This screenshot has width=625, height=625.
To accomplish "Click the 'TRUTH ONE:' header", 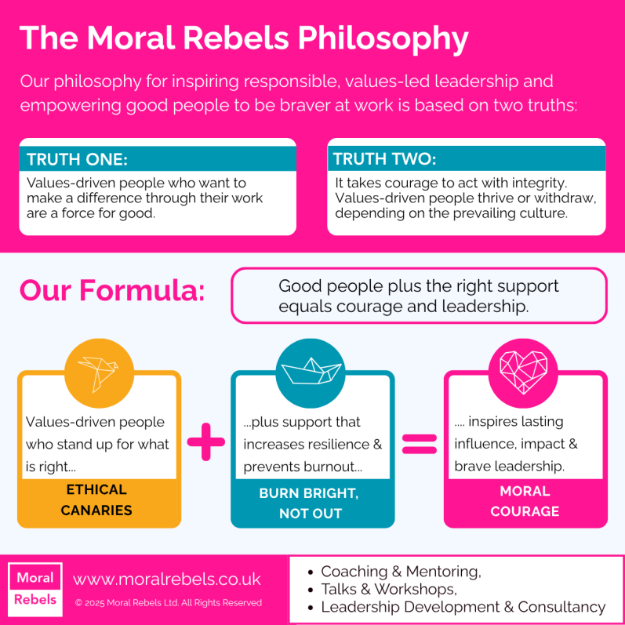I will pos(77,160).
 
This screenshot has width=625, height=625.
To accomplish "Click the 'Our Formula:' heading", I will pos(112,291).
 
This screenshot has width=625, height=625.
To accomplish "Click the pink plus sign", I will pos(206,444).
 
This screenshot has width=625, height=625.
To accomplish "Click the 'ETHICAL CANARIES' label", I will pos(97,500).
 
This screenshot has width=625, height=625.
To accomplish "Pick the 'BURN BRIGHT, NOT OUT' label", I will pos(311,503).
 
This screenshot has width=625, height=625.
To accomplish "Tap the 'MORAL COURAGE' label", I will pos(525,501).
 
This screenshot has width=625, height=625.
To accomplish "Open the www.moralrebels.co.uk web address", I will pos(166,580).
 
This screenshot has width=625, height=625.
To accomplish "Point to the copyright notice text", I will pos(168,603).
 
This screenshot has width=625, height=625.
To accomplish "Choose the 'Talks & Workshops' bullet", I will pos(389,589).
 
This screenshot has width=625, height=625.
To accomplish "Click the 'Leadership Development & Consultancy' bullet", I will pos(463,606).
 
